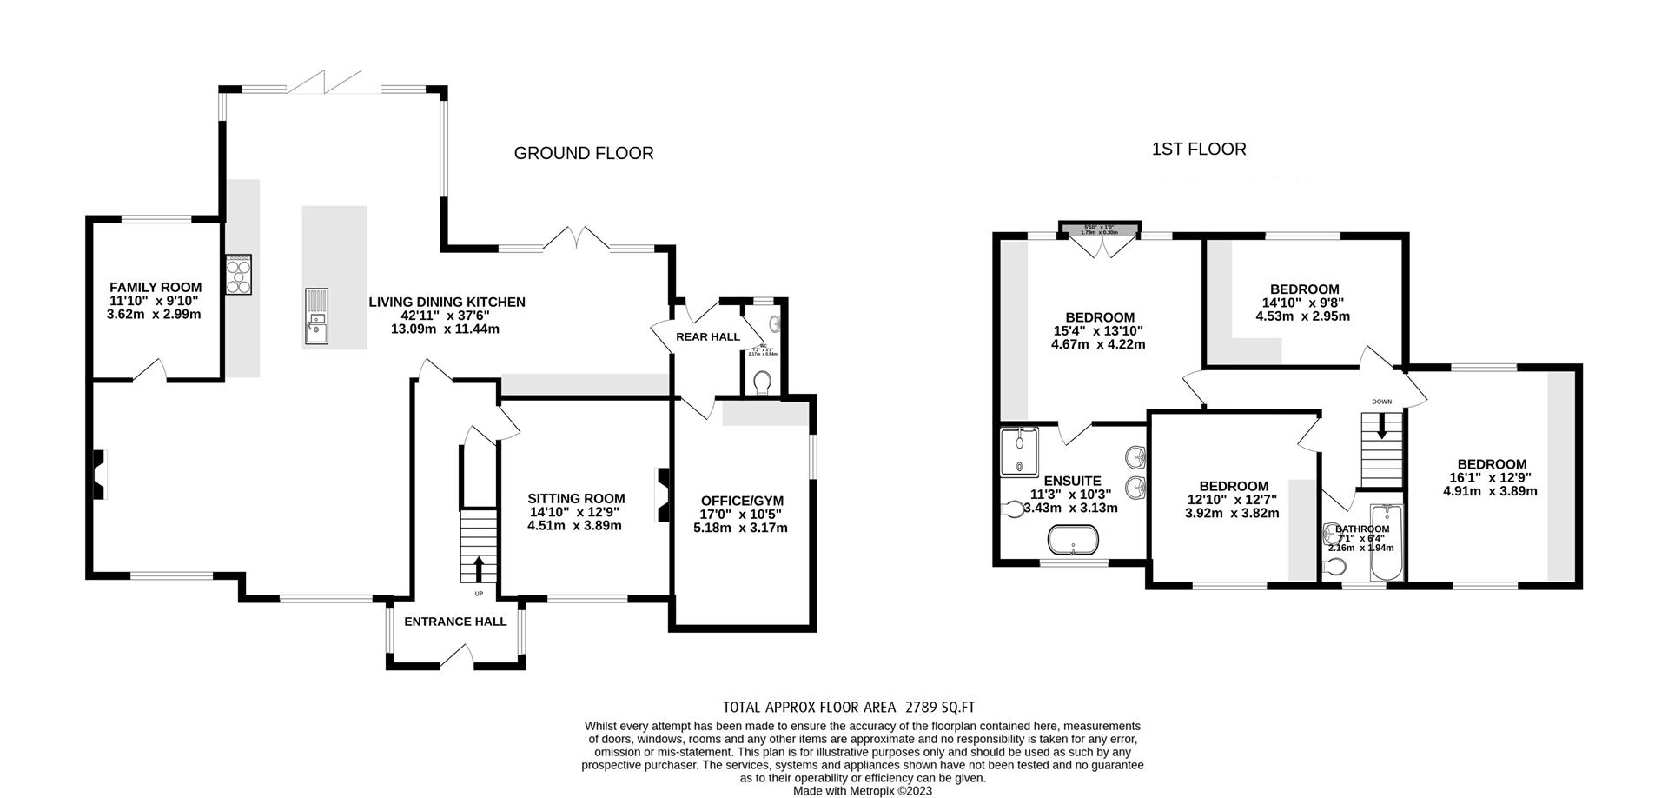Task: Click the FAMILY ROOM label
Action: (155, 287)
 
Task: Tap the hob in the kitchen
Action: (238, 275)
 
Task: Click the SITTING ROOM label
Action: (576, 498)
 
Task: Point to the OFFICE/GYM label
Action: (742, 501)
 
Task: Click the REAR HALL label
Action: (708, 336)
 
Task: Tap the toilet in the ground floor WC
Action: (764, 382)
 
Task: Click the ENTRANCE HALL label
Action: (455, 622)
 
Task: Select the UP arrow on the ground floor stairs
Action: (478, 570)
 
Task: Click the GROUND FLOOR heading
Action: (583, 153)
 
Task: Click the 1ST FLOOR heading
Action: (1198, 149)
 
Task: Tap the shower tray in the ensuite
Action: (1020, 451)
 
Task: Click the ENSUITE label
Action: (1072, 481)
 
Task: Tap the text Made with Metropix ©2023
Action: (862, 791)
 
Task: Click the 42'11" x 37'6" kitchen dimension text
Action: (446, 316)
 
